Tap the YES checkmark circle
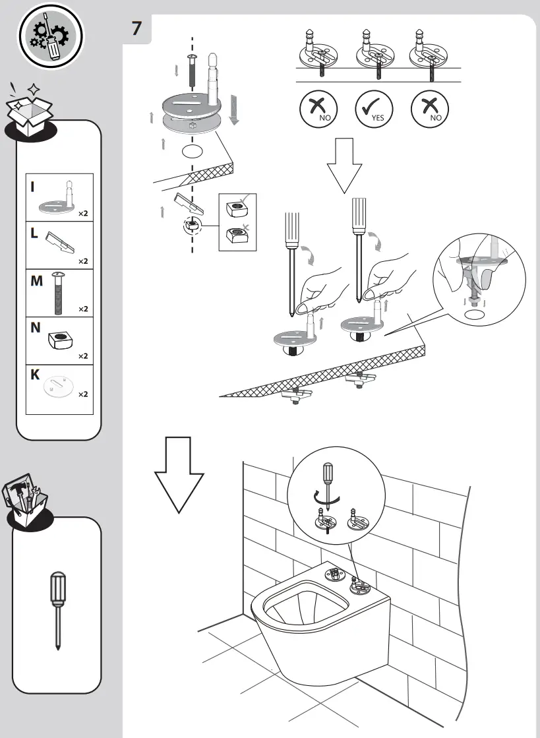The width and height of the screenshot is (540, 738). [x=374, y=109]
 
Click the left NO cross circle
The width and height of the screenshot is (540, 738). [x=318, y=109]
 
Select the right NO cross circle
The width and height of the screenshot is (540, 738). [x=430, y=109]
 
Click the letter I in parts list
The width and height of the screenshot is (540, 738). [x=32, y=187]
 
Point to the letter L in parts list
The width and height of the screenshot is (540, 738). [x=33, y=233]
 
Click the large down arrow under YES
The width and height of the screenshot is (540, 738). [x=344, y=165]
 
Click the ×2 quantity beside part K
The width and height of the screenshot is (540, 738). [x=83, y=394]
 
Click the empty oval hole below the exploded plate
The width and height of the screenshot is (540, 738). [x=192, y=151]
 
